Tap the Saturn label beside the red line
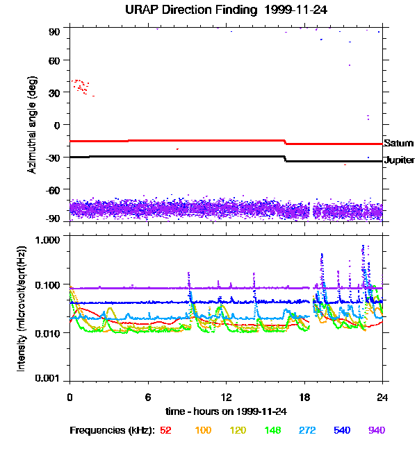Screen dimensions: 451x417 397,144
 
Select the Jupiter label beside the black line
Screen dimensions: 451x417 399,160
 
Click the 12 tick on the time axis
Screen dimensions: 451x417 226,398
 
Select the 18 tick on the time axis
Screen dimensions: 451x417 304,398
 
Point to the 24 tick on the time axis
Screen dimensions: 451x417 382,398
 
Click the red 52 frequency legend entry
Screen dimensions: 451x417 165,430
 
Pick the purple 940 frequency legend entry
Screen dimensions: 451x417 377,430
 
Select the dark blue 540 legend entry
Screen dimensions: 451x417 342,430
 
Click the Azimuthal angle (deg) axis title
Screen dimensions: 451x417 32,125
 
